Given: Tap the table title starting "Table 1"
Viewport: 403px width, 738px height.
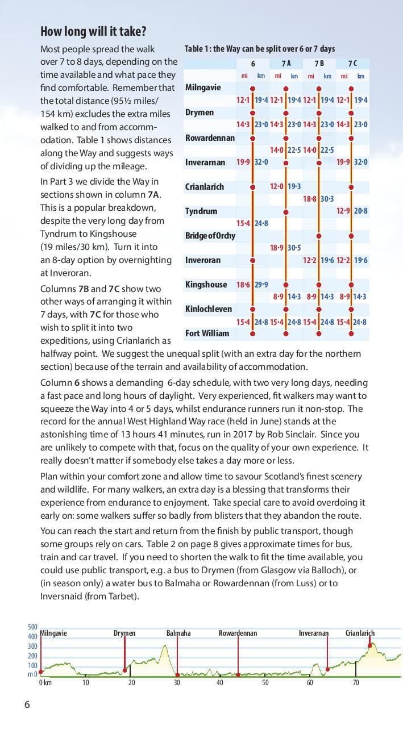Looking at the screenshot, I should click(260, 49).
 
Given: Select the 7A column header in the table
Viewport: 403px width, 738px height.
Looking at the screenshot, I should click(286, 64).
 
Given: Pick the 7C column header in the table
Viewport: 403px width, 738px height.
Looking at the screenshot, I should click(352, 64).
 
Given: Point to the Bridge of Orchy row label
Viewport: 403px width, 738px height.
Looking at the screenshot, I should click(210, 235).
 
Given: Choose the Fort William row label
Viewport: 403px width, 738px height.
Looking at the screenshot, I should click(207, 333).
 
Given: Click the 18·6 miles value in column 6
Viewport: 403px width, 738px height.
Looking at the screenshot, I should click(243, 285).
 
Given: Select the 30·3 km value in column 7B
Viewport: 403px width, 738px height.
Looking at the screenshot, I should click(327, 199).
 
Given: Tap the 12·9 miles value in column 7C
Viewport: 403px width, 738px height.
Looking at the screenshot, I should click(343, 211).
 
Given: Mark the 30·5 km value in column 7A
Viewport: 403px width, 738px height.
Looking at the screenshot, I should click(294, 248).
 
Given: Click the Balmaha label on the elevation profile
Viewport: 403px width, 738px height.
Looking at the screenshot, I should click(178, 633).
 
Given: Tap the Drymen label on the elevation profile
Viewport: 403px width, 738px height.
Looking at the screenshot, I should click(124, 633).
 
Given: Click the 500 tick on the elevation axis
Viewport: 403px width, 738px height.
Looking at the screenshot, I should click(32, 627).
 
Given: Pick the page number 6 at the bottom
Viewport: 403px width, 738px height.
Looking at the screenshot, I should click(27, 705).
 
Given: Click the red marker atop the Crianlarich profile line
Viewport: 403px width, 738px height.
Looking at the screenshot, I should click(370, 645).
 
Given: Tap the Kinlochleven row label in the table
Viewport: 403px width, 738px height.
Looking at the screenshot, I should click(208, 308).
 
